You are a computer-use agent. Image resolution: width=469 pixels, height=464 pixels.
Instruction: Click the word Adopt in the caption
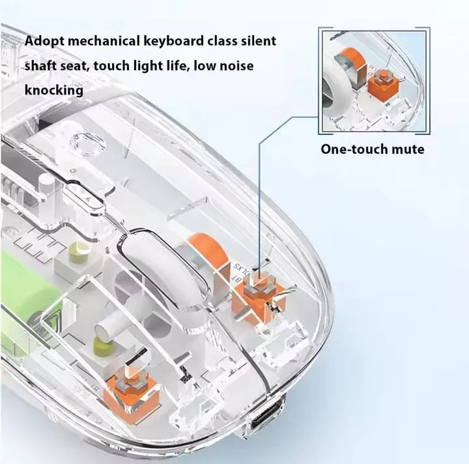click(45, 41)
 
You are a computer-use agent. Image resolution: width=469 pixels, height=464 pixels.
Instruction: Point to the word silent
click(258, 41)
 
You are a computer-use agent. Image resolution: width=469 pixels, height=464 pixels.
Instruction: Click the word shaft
click(42, 66)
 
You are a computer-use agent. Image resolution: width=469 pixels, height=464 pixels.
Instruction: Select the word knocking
click(53, 90)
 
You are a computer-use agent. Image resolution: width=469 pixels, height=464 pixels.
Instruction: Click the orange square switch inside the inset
click(382, 82)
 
